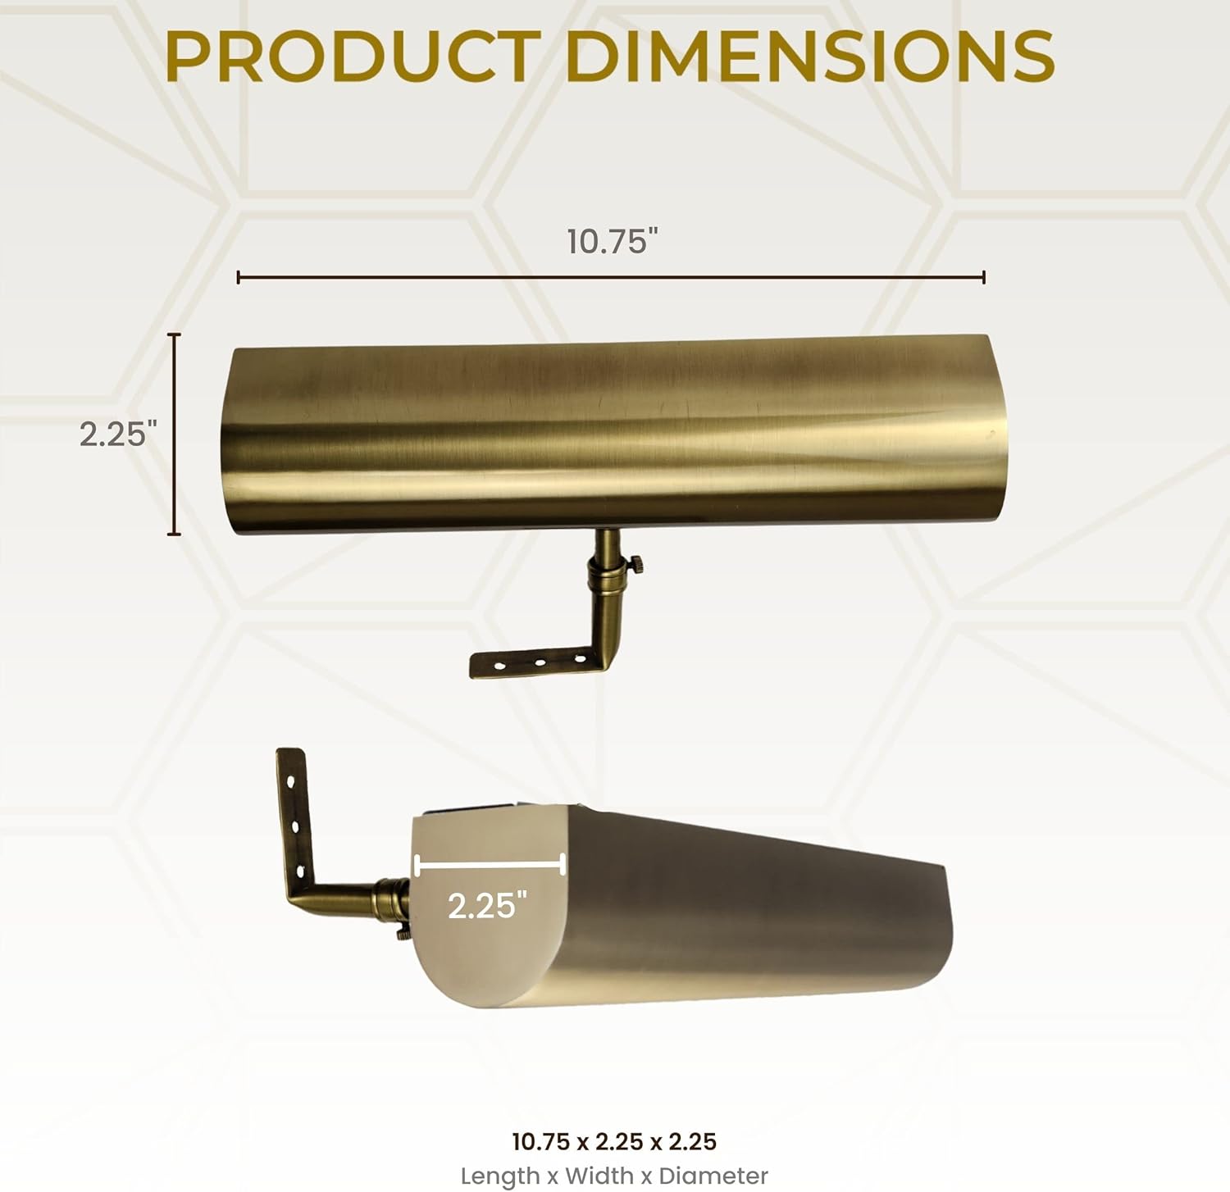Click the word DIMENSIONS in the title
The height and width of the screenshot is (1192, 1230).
pos(809,56)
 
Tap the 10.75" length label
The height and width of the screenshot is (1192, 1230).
pos(613,242)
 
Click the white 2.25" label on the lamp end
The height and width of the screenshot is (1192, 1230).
pos(486,905)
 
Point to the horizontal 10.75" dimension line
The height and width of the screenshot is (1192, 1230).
pos(611,278)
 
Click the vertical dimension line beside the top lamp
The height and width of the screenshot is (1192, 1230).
pos(174,434)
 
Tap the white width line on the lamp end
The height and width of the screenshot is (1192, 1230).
pos(490,864)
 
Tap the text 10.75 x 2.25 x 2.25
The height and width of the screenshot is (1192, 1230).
pos(614,1141)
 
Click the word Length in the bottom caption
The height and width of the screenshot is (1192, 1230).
pos(499,1176)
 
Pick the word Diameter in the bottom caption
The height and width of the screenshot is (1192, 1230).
pos(713,1176)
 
